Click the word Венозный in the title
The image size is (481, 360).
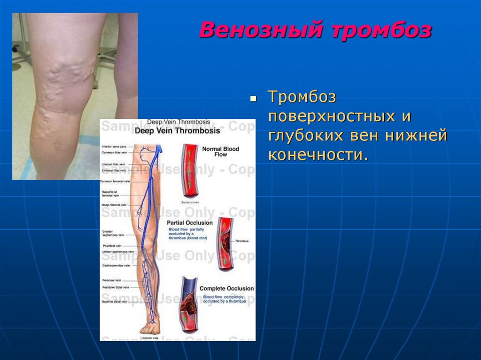[x=261, y=30]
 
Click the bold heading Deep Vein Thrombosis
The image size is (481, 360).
[x=178, y=131]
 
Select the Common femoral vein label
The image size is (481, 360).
[x=115, y=181]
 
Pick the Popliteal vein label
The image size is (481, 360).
[x=112, y=245]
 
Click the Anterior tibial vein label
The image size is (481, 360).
[x=115, y=301]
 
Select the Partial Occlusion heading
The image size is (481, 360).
[x=190, y=222]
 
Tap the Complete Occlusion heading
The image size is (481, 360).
[x=226, y=288]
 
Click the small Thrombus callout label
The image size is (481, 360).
[x=242, y=241]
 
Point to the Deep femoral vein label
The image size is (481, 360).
[x=114, y=205]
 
